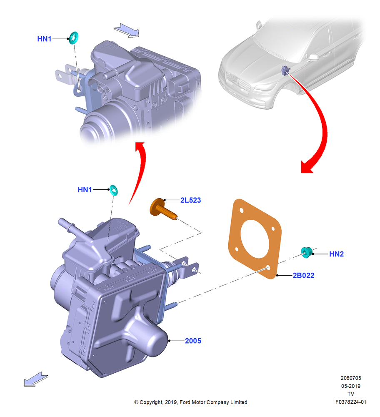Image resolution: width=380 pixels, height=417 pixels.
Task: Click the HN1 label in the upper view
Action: (x=44, y=39)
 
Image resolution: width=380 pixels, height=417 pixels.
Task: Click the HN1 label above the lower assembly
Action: (x=85, y=190)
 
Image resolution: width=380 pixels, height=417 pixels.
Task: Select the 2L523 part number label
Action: (x=190, y=200)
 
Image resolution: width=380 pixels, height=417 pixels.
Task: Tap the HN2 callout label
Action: (x=336, y=254)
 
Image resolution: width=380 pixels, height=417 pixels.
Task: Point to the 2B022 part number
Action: (x=303, y=275)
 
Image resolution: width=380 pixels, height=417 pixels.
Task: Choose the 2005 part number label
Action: (x=193, y=341)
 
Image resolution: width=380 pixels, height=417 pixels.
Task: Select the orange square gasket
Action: (x=255, y=239)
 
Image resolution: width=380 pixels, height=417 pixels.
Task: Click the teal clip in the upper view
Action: (x=74, y=38)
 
